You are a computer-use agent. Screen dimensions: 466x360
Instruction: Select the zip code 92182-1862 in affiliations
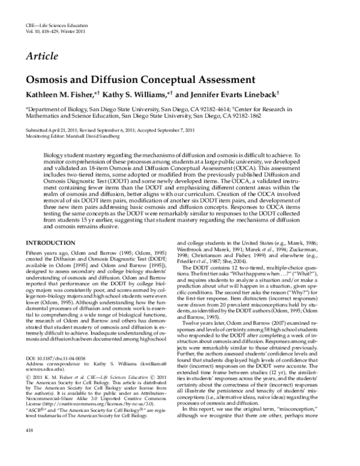[237, 116]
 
